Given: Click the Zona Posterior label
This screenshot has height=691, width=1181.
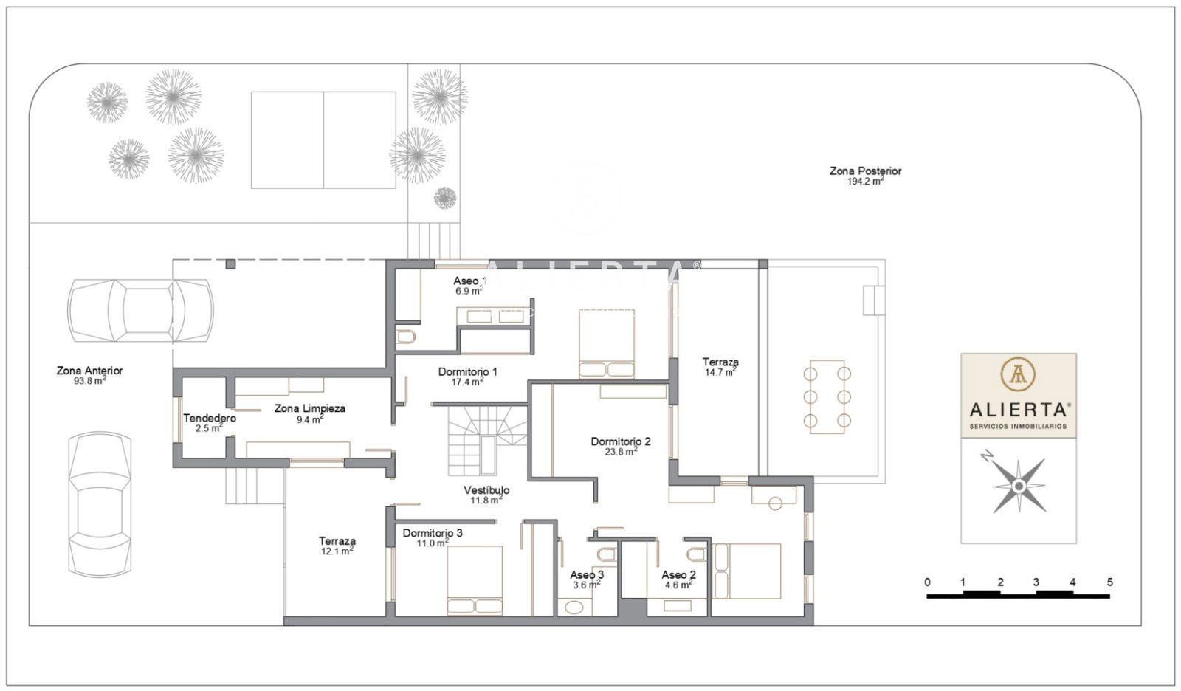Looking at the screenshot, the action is pos(865,171).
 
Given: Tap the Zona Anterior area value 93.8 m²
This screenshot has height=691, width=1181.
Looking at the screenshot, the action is pos(89,380).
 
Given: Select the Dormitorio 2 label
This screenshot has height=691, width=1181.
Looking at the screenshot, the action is pos(621,441).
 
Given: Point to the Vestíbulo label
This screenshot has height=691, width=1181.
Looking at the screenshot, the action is pos(486,490).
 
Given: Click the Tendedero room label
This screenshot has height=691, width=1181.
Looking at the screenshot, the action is pos(210,419).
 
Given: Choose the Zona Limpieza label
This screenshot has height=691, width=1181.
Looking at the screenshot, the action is pos(310,408).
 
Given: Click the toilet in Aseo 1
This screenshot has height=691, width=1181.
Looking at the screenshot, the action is pos(405,337).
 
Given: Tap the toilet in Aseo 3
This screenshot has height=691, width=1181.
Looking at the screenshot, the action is pos(607,554).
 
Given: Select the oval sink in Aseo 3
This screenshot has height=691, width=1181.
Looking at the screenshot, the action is pos(573,607).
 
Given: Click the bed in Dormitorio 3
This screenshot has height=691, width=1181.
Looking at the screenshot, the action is pos(475,580).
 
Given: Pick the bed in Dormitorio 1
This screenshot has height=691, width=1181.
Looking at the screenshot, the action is pos(606,344).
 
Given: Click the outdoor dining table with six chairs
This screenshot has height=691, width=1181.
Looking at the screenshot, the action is pos(827,396).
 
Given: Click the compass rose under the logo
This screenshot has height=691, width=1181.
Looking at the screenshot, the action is pos(1019,486).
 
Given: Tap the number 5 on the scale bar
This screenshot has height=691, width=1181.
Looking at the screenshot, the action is pos(1110,582).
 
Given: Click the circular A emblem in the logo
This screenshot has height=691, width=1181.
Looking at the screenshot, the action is pos(1018,374).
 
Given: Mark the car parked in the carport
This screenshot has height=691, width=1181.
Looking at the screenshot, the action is pos(140,312).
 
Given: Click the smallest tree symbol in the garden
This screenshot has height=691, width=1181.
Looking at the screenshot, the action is pos(445,198).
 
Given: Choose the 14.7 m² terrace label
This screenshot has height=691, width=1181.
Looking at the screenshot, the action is pos(720,372).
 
